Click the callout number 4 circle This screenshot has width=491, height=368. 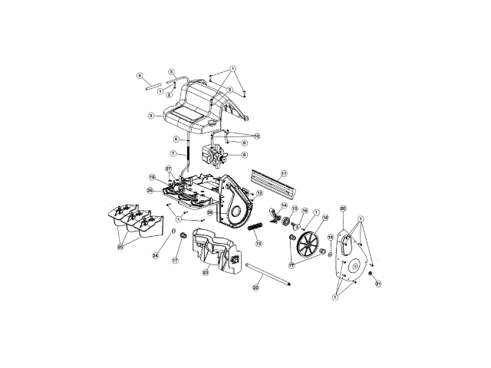[140, 75]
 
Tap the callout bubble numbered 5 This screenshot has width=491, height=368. [152, 116]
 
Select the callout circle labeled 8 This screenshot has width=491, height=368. [244, 155]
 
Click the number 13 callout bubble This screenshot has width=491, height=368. [259, 243]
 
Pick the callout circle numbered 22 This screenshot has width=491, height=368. [256, 288]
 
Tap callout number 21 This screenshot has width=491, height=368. [377, 284]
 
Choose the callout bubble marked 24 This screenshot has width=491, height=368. [155, 255]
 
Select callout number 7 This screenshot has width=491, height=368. [174, 153]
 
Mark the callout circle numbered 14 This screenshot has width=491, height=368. [284, 205]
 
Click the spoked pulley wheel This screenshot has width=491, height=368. [308, 246]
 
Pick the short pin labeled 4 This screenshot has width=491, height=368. [151, 86]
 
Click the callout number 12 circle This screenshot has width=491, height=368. [260, 193]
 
